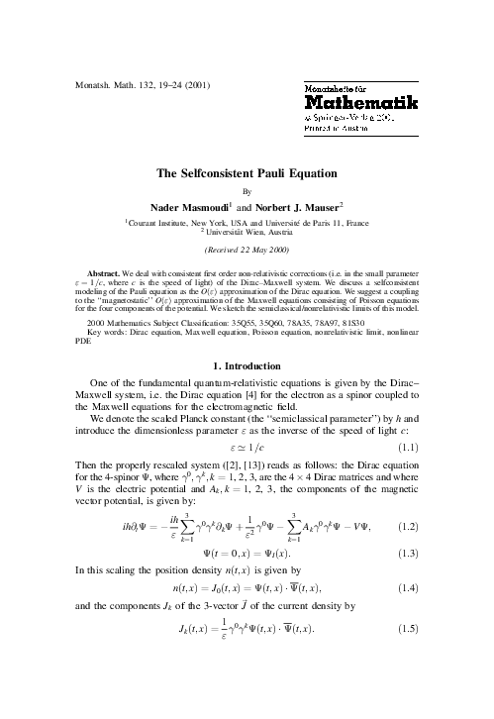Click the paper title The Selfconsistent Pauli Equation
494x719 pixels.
tap(247, 173)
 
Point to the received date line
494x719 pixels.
tap(247, 251)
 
